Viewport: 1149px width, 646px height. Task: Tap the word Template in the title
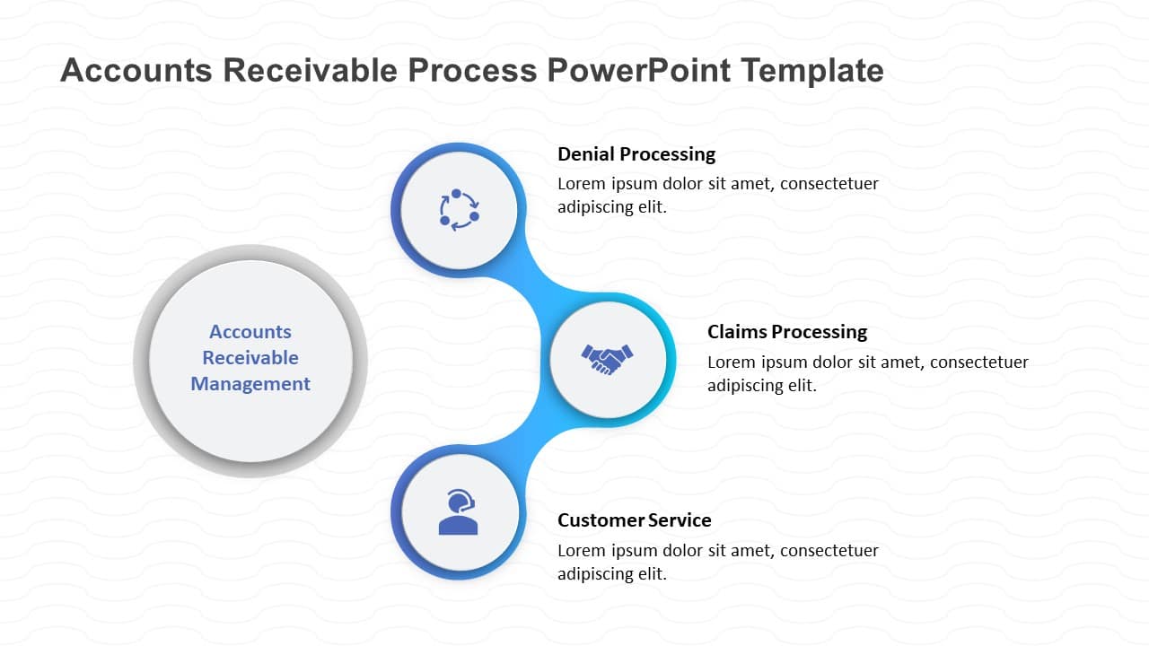coord(819,70)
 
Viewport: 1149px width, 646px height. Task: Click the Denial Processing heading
coord(636,153)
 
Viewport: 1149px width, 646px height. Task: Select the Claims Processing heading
coord(786,331)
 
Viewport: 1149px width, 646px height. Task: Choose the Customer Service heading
coord(634,519)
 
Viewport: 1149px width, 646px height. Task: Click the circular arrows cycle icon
coord(459,210)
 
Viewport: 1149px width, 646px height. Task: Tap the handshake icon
coord(608,359)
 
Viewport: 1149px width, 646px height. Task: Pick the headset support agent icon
coord(458,512)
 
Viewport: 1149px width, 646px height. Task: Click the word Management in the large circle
coord(250,383)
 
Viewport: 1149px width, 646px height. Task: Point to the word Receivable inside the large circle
coord(250,357)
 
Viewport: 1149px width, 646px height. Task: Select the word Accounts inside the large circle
coord(250,331)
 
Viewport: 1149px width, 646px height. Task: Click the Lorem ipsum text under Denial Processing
coord(717,195)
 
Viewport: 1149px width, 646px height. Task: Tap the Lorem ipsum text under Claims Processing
coord(867,373)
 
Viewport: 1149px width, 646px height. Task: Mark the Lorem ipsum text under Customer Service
coord(717,562)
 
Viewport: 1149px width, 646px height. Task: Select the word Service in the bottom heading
coord(680,519)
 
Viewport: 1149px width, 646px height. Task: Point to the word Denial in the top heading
coord(584,153)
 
